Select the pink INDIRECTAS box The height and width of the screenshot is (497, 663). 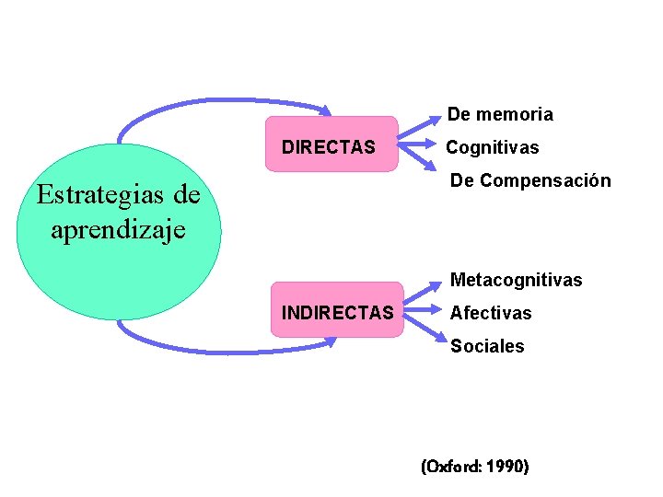[x=338, y=310]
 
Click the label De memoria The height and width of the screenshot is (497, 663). [x=500, y=115]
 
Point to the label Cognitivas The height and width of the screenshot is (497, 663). [x=493, y=147]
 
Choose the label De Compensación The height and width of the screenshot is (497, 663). [x=529, y=180]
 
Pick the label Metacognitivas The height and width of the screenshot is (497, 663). [x=516, y=280]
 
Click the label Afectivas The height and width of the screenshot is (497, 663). [x=491, y=313]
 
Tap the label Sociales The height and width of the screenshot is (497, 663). [x=487, y=346]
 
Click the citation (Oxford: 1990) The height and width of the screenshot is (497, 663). [x=474, y=467]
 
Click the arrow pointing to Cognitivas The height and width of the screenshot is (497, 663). [x=419, y=146]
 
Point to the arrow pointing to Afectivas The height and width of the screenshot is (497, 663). [x=424, y=312]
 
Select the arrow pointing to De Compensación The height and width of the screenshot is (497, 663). [x=420, y=160]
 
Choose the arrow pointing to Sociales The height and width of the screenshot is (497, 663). [x=425, y=329]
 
